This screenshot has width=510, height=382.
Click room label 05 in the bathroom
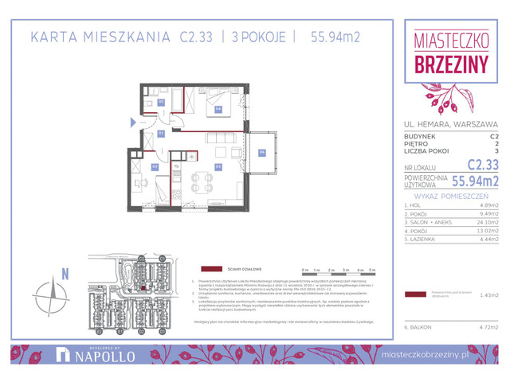161,102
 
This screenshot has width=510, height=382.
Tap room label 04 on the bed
218,109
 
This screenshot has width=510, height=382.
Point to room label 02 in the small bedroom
155,166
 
